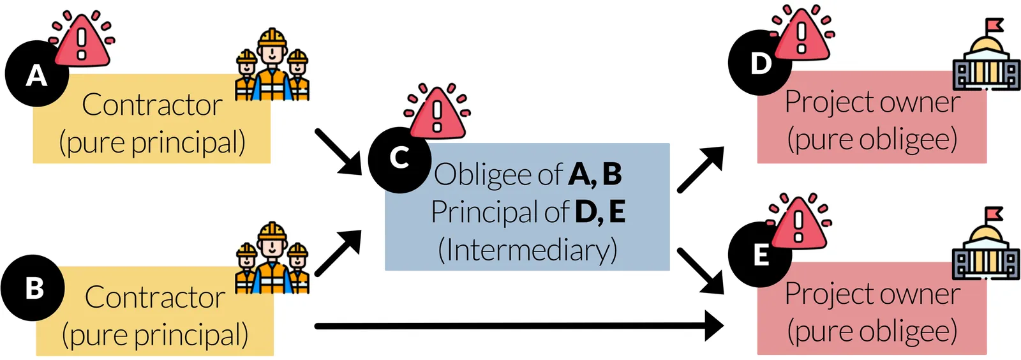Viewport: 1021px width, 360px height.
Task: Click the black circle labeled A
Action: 36,74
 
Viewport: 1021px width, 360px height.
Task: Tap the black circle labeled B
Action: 33,288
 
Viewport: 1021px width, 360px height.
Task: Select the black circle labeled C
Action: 399,159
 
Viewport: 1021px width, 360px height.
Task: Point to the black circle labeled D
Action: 759,63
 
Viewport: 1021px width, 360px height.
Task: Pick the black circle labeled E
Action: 759,255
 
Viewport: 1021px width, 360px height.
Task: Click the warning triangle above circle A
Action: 82,42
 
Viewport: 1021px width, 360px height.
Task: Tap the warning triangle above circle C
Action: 437,114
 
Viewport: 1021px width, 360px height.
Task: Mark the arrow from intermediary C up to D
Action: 700,169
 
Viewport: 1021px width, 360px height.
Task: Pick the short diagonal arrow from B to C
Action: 339,253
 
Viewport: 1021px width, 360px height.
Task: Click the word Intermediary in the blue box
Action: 528,250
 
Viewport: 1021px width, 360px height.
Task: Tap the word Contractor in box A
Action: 152,105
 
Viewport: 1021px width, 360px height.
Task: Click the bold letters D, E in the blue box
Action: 600,212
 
